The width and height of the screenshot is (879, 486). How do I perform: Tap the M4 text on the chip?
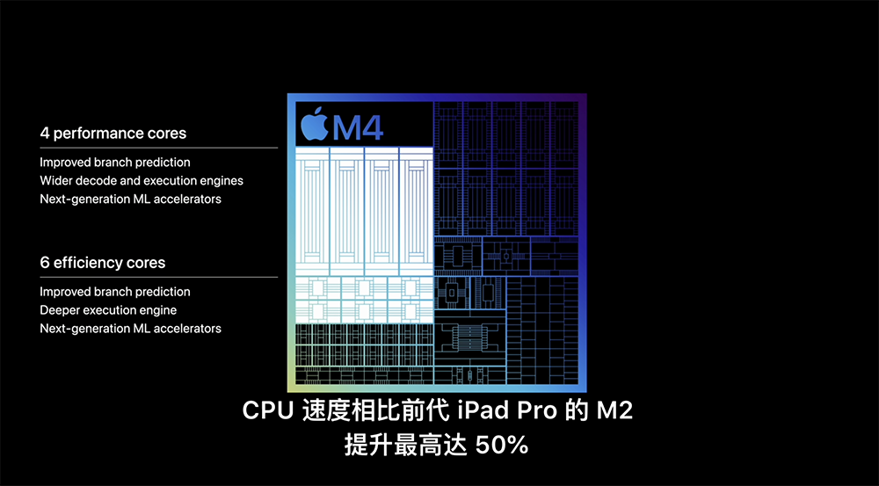tap(359, 127)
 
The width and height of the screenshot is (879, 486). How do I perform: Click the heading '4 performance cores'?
tap(113, 134)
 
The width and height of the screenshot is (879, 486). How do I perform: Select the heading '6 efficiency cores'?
tap(103, 263)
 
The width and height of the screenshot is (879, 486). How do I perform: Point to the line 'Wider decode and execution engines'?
tap(142, 180)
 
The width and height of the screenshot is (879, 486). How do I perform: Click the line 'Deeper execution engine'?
tap(108, 310)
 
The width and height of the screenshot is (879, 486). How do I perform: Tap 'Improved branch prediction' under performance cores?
tap(115, 163)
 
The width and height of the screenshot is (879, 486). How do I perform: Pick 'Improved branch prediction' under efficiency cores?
tap(115, 292)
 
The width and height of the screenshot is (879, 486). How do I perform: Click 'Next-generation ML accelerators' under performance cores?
tap(131, 199)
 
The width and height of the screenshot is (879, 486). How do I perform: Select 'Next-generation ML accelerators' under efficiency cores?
tap(131, 329)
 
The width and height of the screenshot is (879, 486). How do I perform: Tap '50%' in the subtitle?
tap(502, 446)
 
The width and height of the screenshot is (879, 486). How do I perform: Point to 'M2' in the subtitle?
tap(614, 411)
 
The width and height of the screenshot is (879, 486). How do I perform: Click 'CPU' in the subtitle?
tap(268, 411)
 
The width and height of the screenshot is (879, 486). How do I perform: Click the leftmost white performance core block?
tap(312, 211)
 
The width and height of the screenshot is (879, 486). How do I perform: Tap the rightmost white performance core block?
tap(416, 211)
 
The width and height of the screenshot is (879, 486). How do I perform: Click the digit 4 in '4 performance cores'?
tap(44, 134)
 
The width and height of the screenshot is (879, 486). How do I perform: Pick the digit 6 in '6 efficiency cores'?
tap(44, 263)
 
